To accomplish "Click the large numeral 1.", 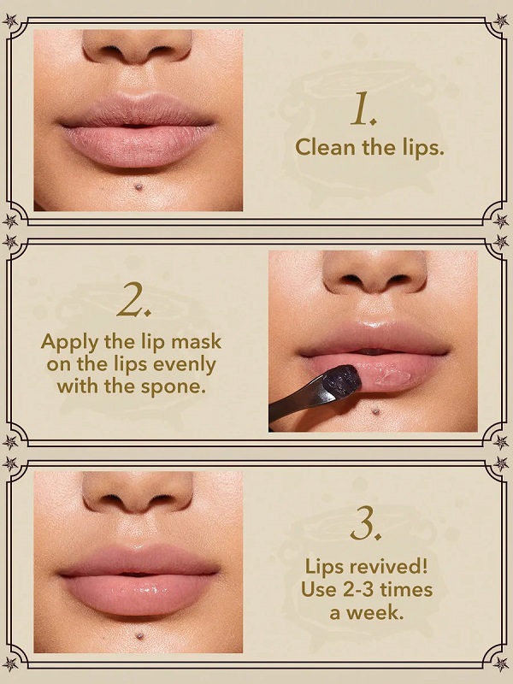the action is pos(363,109).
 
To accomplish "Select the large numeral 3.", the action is pos(366,523).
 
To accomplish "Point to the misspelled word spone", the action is pos(174,387).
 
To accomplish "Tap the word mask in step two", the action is pos(196,341).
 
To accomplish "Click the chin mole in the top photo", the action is pos(139,187).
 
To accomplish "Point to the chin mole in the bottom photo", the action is pos(139,635).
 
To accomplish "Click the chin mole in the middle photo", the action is pos(374,410).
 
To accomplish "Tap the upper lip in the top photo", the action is pos(137,111).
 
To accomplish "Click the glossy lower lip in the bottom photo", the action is pos(139,594).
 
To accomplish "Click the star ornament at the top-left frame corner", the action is pos(10,21).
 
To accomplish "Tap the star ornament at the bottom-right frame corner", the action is pos(501,663).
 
